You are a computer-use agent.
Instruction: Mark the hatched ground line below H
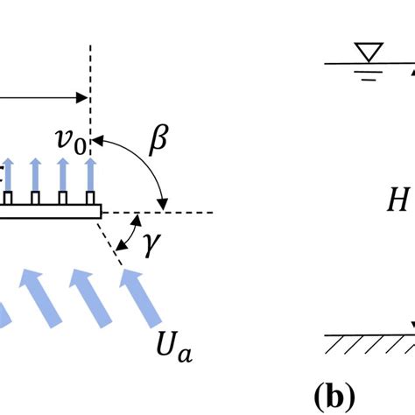(368, 342)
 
